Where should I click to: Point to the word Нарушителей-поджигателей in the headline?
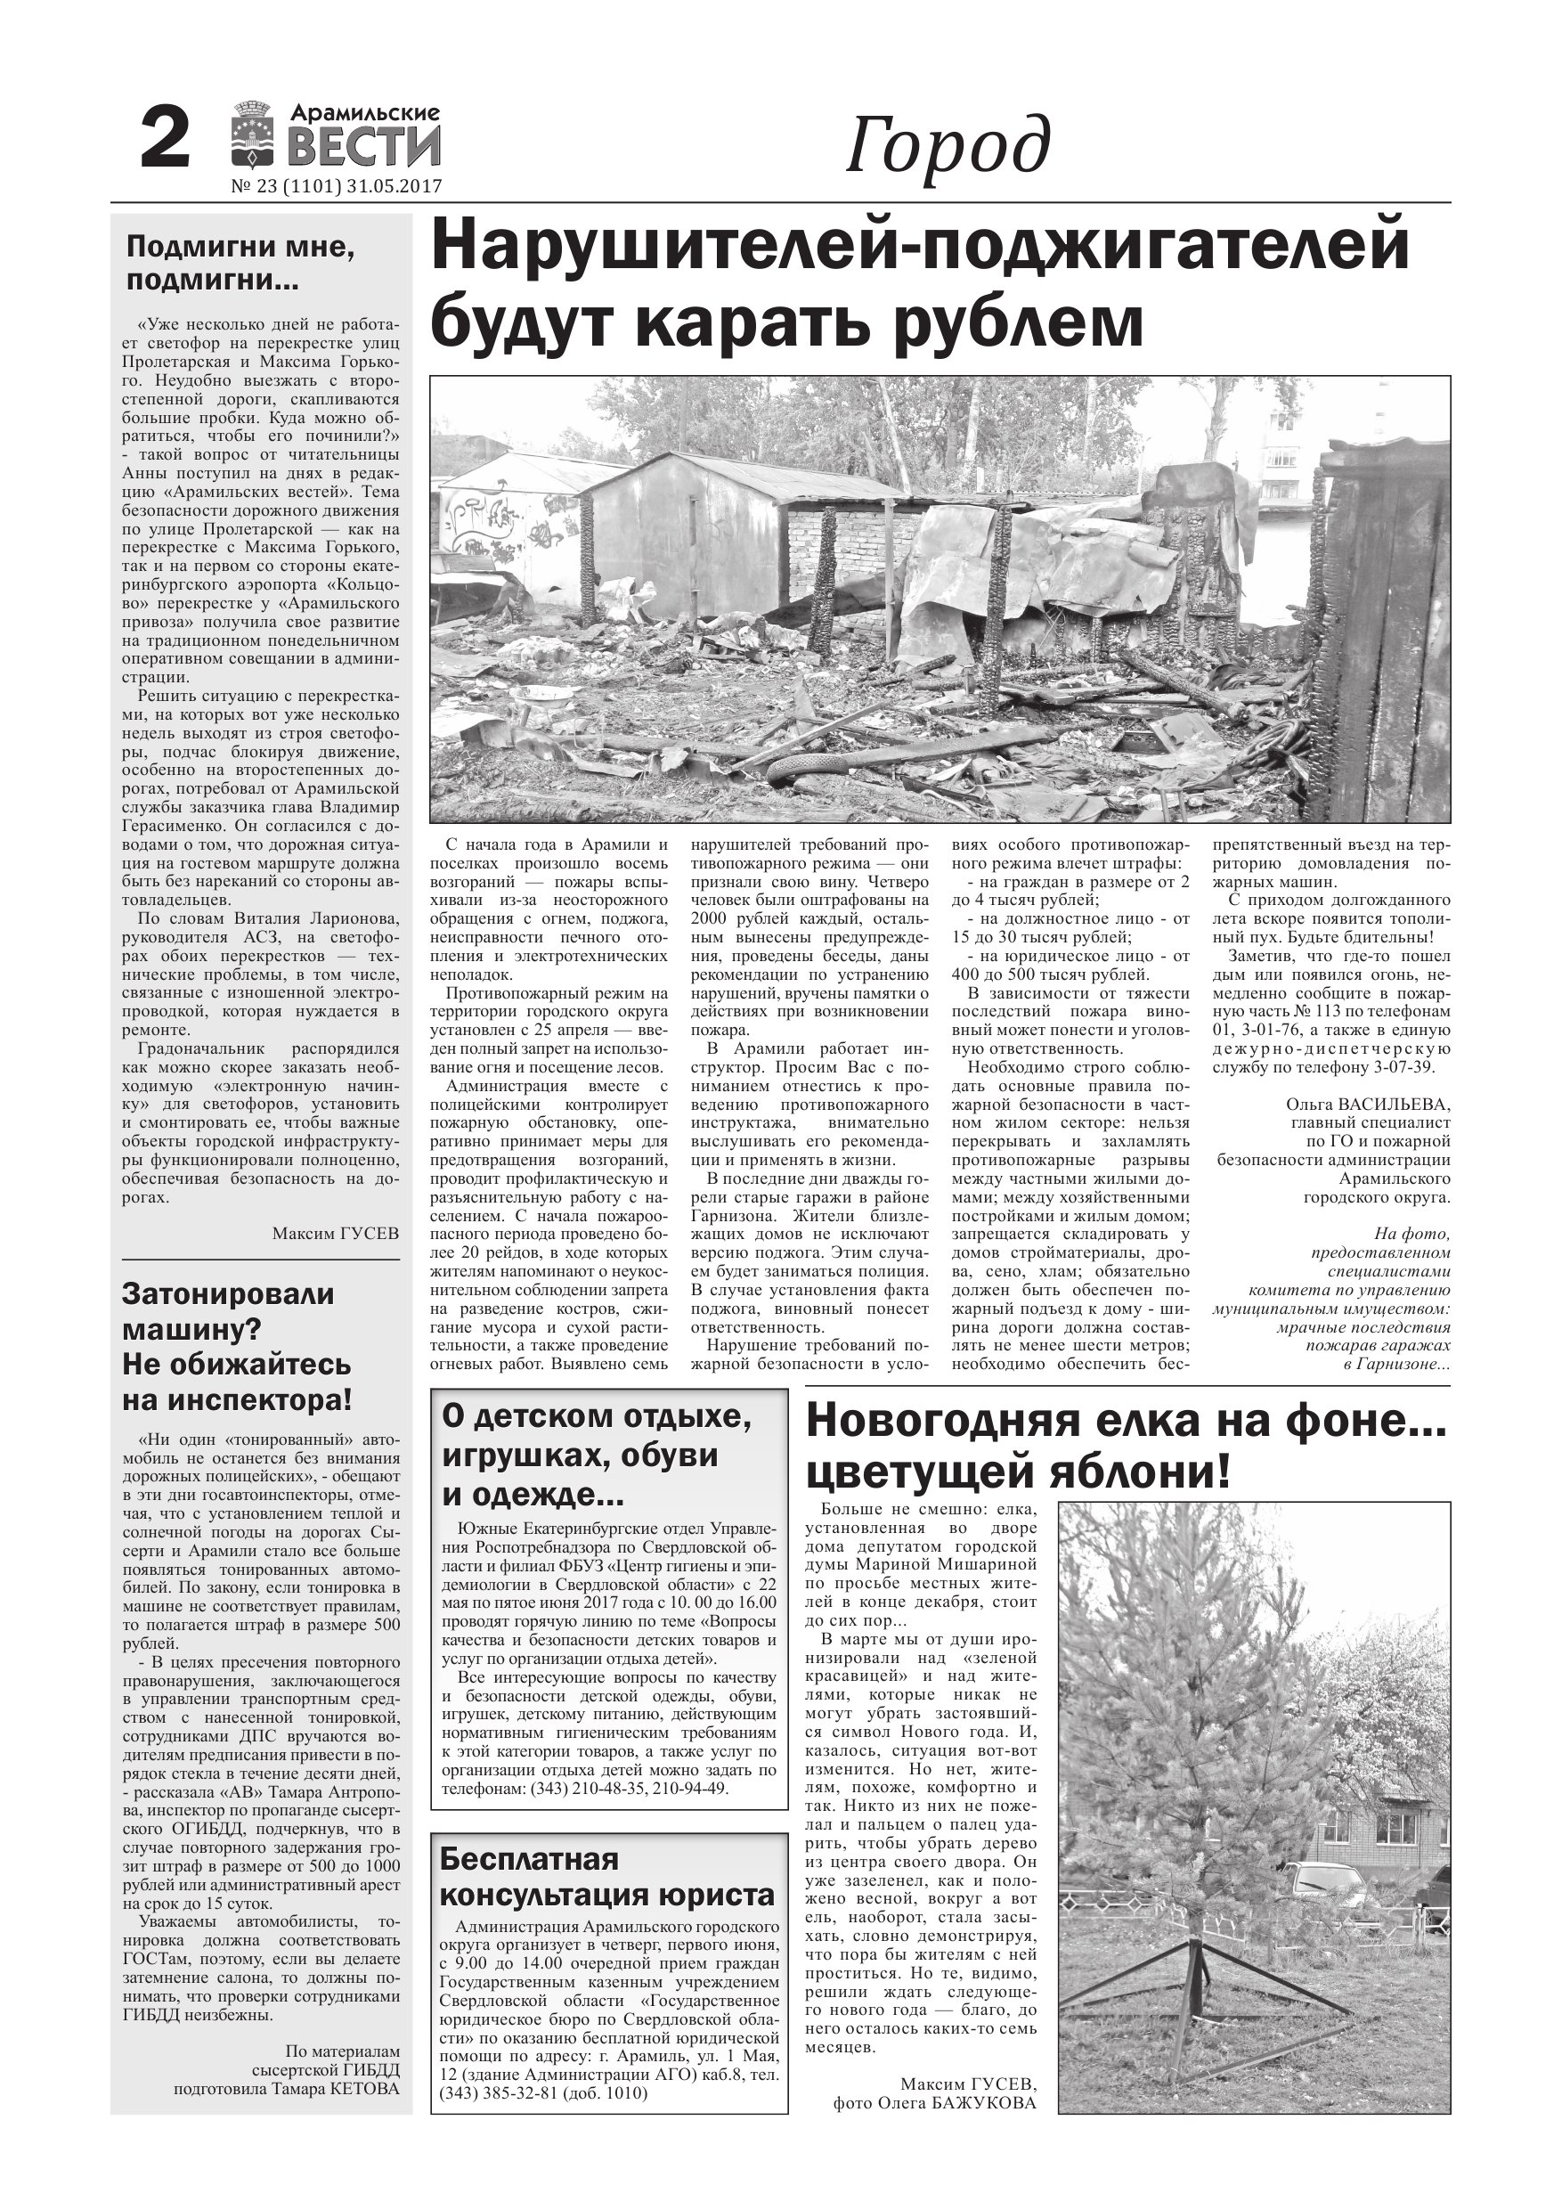click(x=920, y=248)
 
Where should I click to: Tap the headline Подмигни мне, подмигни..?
click(x=240, y=264)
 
